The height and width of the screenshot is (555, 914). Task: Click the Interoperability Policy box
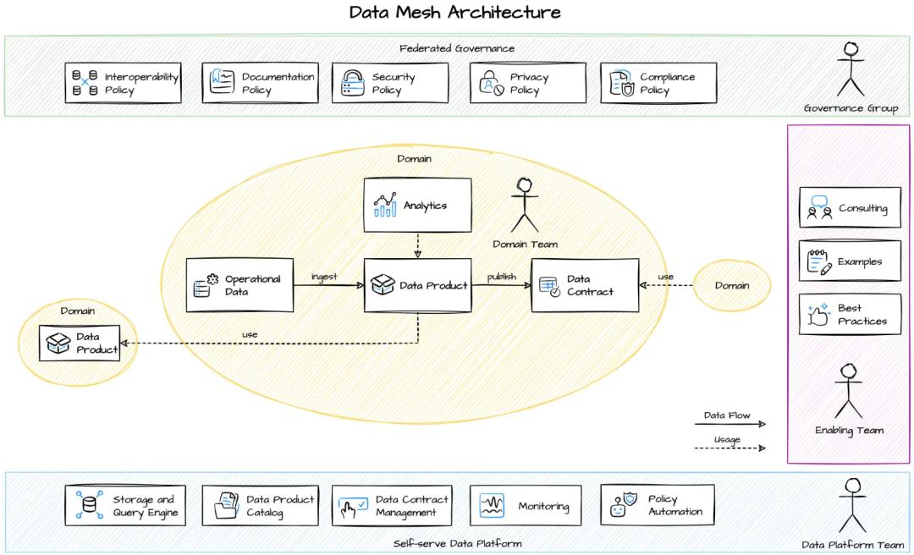pyautogui.click(x=123, y=83)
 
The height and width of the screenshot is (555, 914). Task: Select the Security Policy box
pyautogui.click(x=389, y=83)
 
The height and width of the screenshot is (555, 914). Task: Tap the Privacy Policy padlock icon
pyautogui.click(x=491, y=83)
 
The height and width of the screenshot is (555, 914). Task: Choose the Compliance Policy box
pyautogui.click(x=658, y=83)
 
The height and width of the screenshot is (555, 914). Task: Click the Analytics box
pyautogui.click(x=417, y=205)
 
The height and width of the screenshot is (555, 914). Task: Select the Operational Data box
pyautogui.click(x=240, y=285)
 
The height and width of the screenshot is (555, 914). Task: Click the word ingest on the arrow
pyautogui.click(x=324, y=277)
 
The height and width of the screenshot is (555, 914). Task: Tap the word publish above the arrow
pyautogui.click(x=502, y=277)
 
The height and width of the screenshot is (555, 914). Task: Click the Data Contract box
pyautogui.click(x=584, y=285)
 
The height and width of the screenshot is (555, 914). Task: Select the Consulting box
pyautogui.click(x=850, y=207)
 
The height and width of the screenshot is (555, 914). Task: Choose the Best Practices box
pyautogui.click(x=850, y=314)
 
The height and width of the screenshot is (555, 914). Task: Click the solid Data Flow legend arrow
pyautogui.click(x=730, y=425)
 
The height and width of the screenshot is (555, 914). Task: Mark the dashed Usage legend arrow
pyautogui.click(x=730, y=448)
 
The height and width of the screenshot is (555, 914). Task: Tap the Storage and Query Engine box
pyautogui.click(x=125, y=505)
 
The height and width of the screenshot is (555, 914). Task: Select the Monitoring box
pyautogui.click(x=526, y=505)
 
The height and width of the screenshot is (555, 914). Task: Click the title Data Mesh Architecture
pyautogui.click(x=455, y=13)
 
